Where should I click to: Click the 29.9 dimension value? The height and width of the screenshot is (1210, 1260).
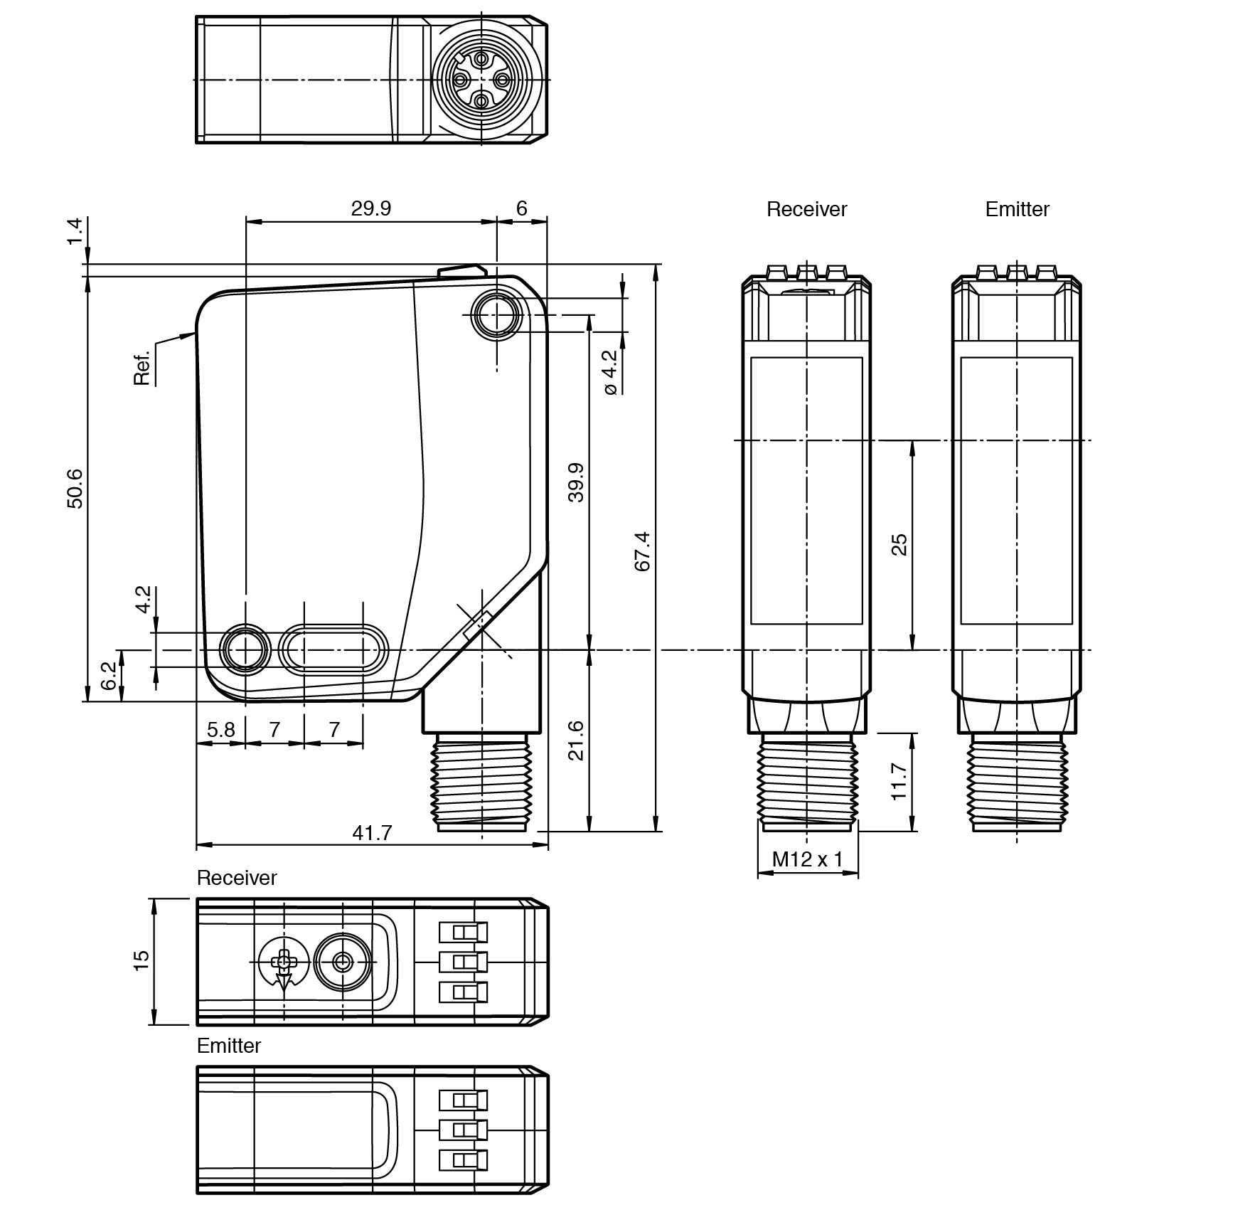click(370, 208)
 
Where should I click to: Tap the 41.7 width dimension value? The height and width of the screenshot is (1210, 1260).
click(372, 832)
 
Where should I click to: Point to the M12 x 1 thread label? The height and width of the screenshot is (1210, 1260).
click(807, 859)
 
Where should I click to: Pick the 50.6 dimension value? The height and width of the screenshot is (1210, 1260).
click(75, 489)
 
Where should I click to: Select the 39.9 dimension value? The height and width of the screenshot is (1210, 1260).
click(575, 482)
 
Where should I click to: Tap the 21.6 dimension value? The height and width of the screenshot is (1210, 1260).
click(575, 741)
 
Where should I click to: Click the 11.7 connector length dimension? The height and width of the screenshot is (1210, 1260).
click(899, 781)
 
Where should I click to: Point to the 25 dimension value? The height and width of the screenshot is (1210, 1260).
click(899, 545)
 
